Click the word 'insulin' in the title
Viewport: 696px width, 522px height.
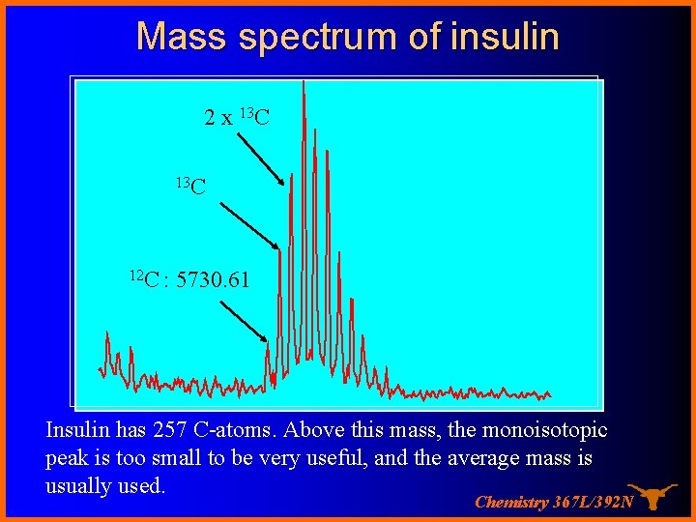(x=505, y=37)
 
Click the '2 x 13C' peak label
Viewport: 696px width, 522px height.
(x=237, y=118)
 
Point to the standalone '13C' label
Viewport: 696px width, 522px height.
(x=190, y=184)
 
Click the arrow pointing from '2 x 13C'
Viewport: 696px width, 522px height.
(x=261, y=159)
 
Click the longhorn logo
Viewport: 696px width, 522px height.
(x=652, y=496)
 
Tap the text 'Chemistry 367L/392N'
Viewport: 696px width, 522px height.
(x=554, y=502)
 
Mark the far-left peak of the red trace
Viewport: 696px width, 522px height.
(x=107, y=335)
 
